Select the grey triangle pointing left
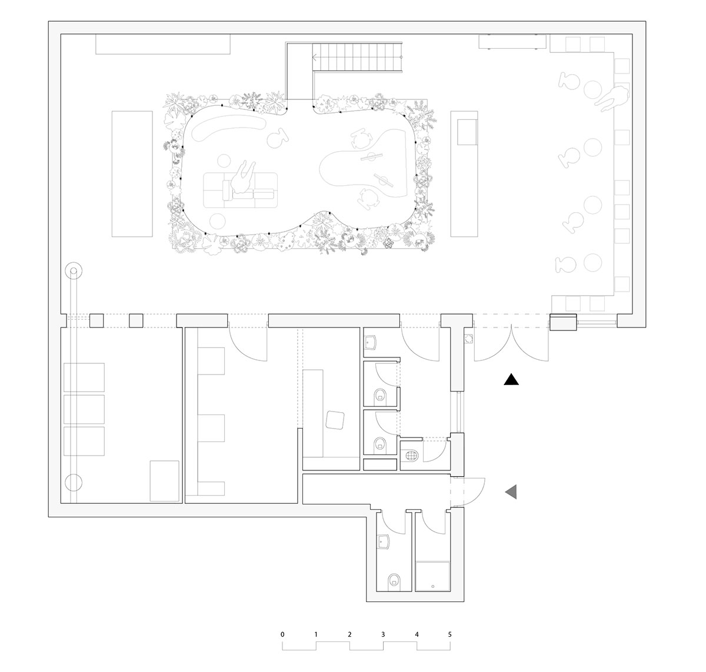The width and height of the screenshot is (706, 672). (512, 492)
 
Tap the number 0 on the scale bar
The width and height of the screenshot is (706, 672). (282, 634)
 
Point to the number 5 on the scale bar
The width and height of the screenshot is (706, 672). (449, 634)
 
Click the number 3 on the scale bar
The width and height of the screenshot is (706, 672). (383, 634)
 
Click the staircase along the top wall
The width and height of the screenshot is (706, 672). (357, 58)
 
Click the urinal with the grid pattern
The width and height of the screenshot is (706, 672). (412, 456)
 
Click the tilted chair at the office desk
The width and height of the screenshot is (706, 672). (335, 420)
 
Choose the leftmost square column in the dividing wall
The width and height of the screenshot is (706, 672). (96, 320)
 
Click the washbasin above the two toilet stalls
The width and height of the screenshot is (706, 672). (370, 342)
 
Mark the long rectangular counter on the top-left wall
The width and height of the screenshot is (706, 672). (163, 44)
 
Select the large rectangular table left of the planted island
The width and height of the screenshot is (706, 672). (132, 174)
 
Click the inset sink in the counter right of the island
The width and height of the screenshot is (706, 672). (467, 132)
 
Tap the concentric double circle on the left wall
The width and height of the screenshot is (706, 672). (74, 271)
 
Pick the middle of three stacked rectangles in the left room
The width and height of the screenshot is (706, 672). (84, 409)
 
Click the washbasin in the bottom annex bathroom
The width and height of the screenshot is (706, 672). (383, 541)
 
